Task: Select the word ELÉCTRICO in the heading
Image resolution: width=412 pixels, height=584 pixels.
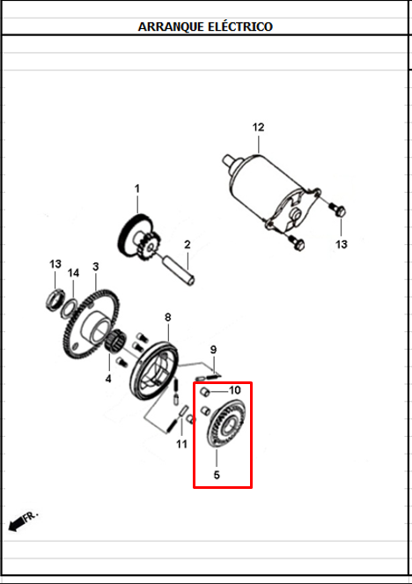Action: (x=240, y=26)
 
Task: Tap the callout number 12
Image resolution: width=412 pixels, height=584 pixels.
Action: (x=258, y=128)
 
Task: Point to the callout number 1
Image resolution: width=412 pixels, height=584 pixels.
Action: (x=137, y=189)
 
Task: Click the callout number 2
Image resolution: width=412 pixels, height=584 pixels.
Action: (x=187, y=244)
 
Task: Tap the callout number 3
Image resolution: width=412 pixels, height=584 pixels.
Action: (x=95, y=267)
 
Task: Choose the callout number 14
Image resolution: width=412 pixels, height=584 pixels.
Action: (x=74, y=273)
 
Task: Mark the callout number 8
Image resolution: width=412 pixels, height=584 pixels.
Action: (x=167, y=317)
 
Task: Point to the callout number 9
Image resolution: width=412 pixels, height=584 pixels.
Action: (x=212, y=350)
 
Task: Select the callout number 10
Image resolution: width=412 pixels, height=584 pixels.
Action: (x=235, y=389)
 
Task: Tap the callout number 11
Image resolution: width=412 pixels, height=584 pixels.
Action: (x=181, y=444)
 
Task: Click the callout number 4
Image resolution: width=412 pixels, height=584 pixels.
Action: (x=108, y=380)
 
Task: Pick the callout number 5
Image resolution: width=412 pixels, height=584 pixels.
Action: (x=216, y=475)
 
